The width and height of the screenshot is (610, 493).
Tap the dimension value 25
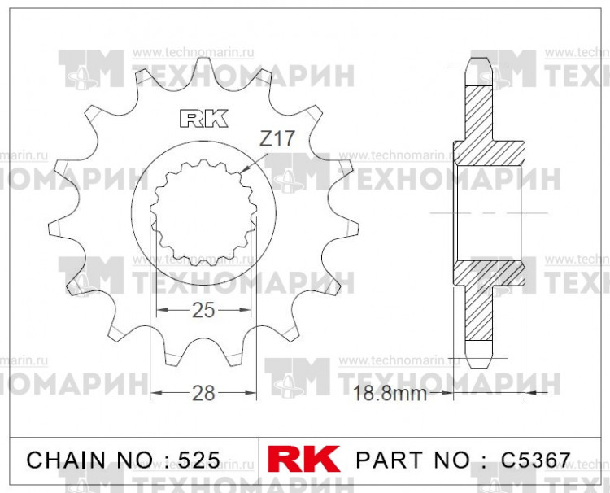(x=203, y=310)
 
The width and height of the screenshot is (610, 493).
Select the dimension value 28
(x=203, y=394)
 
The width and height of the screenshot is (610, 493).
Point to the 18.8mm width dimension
(x=390, y=395)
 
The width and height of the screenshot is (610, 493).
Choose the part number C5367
(x=536, y=460)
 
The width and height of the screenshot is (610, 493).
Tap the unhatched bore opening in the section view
(x=486, y=213)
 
